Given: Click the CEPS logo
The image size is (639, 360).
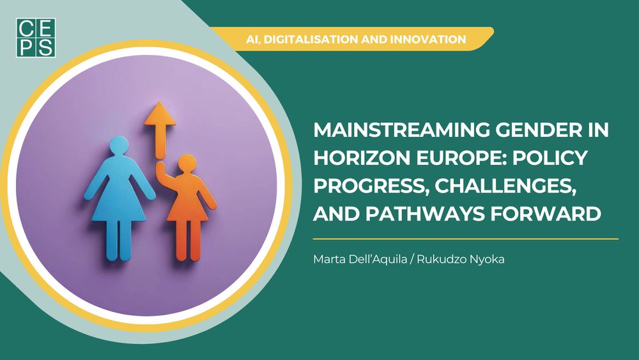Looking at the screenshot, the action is pyautogui.click(x=36, y=38).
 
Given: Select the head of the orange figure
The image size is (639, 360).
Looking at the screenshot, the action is pyautogui.click(x=187, y=164).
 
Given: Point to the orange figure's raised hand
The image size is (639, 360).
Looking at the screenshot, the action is pyautogui.click(x=160, y=166).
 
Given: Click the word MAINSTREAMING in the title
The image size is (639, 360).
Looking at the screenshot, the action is pyautogui.click(x=402, y=130).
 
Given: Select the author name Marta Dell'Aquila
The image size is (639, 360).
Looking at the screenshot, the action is pyautogui.click(x=360, y=260).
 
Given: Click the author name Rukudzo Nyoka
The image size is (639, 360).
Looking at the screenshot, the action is pyautogui.click(x=461, y=260).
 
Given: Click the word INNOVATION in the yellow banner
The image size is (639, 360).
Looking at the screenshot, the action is pyautogui.click(x=428, y=40).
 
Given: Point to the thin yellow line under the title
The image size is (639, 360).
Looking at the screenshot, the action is pyautogui.click(x=465, y=239).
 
